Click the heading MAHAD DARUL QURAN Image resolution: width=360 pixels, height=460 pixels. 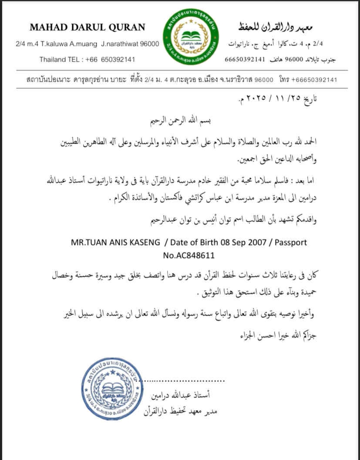(87, 27)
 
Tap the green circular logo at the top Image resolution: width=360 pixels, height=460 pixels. (191, 37)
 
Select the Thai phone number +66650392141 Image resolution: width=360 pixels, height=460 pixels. (314, 80)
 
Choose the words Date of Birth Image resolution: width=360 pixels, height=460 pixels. (194, 243)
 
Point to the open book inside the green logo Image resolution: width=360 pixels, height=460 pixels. (191, 35)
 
